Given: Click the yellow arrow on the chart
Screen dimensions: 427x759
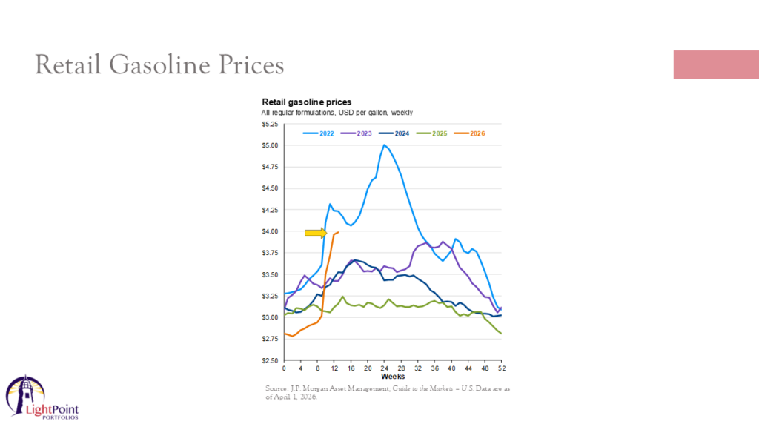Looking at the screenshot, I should click(316, 233).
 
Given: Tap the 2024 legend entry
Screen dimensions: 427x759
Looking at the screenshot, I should click(396, 133).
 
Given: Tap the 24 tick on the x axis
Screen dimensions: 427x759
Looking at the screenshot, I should click(385, 368).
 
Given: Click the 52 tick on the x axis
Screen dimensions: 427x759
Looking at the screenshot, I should click(502, 368).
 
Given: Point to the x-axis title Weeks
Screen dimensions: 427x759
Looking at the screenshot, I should click(393, 377).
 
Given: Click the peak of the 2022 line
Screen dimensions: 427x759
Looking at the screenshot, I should click(384, 145).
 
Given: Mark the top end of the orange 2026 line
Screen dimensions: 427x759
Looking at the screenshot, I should click(338, 232).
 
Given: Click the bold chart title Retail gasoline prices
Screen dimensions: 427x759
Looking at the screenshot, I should click(306, 102).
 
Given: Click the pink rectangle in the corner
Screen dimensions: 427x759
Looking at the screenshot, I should click(715, 64).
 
